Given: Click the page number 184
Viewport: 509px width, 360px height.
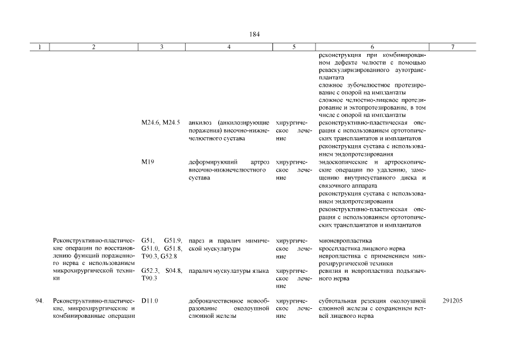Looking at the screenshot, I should point(254,34).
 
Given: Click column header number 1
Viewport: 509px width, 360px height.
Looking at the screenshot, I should point(39,48).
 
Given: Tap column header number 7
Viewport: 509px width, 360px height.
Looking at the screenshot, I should point(453,48).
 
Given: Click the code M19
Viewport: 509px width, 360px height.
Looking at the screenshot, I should point(148,162).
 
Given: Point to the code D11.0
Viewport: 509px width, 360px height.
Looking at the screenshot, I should point(150,301).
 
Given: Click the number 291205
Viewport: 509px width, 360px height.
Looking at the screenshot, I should point(453,301).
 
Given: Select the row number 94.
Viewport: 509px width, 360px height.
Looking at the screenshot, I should point(39,301).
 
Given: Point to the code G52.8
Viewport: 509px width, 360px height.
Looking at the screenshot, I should point(169,256).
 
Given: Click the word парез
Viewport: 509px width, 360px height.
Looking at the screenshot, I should point(196,241).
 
